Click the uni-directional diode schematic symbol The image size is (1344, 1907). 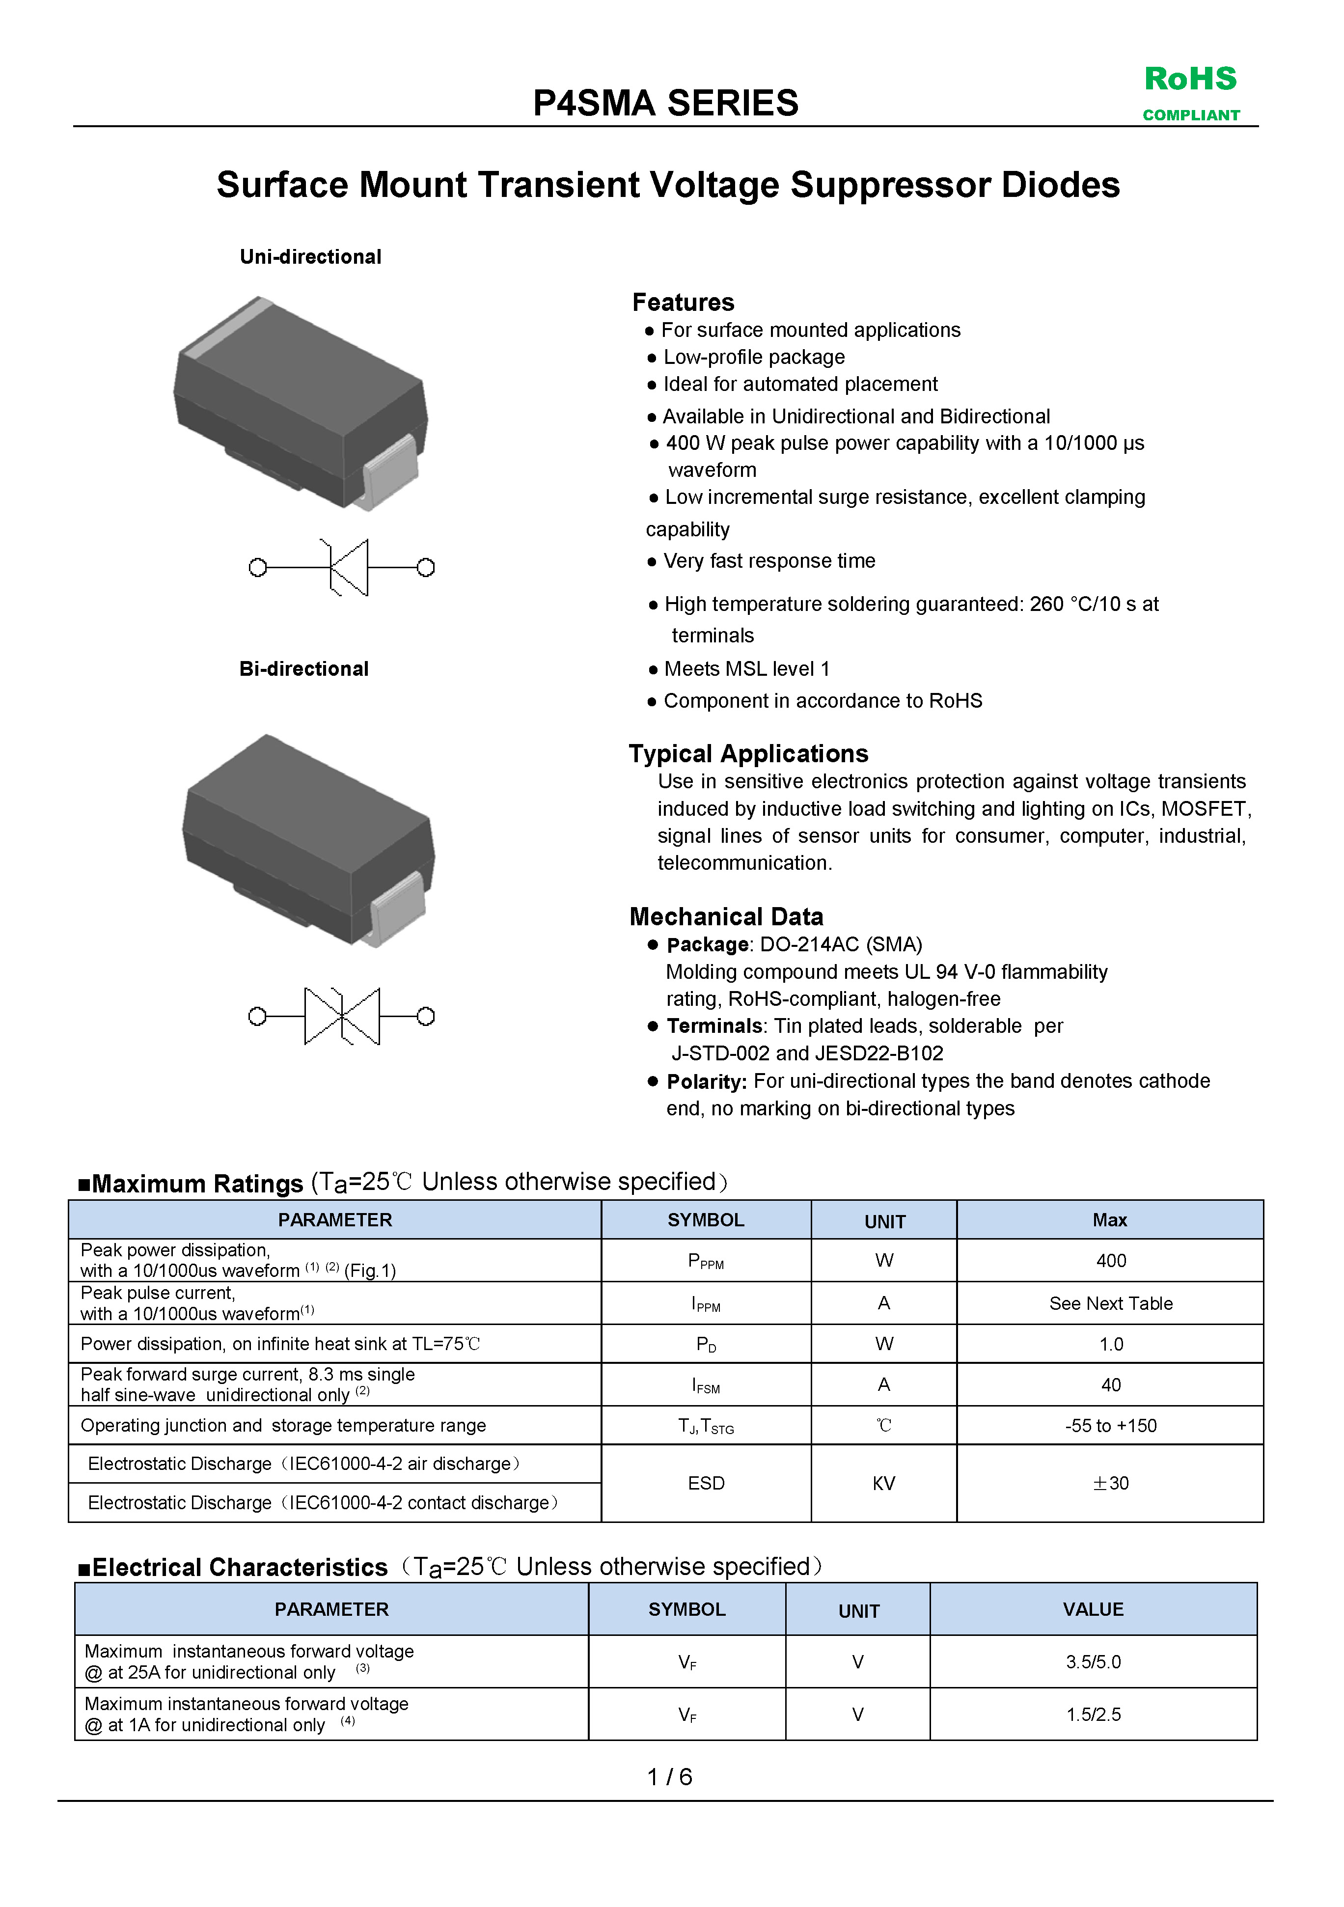[341, 567]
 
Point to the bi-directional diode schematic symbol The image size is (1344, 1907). [341, 1016]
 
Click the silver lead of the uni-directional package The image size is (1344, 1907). [390, 470]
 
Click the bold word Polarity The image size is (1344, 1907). [706, 1081]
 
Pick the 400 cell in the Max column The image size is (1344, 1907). [1111, 1261]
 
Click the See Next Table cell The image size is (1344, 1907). [1111, 1303]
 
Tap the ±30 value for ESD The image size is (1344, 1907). [1111, 1483]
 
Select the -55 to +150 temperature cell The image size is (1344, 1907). [1111, 1425]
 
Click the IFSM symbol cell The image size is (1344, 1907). [706, 1384]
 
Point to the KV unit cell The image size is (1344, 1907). [884, 1483]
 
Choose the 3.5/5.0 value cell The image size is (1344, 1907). [1093, 1662]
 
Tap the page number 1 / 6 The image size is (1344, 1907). [669, 1776]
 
